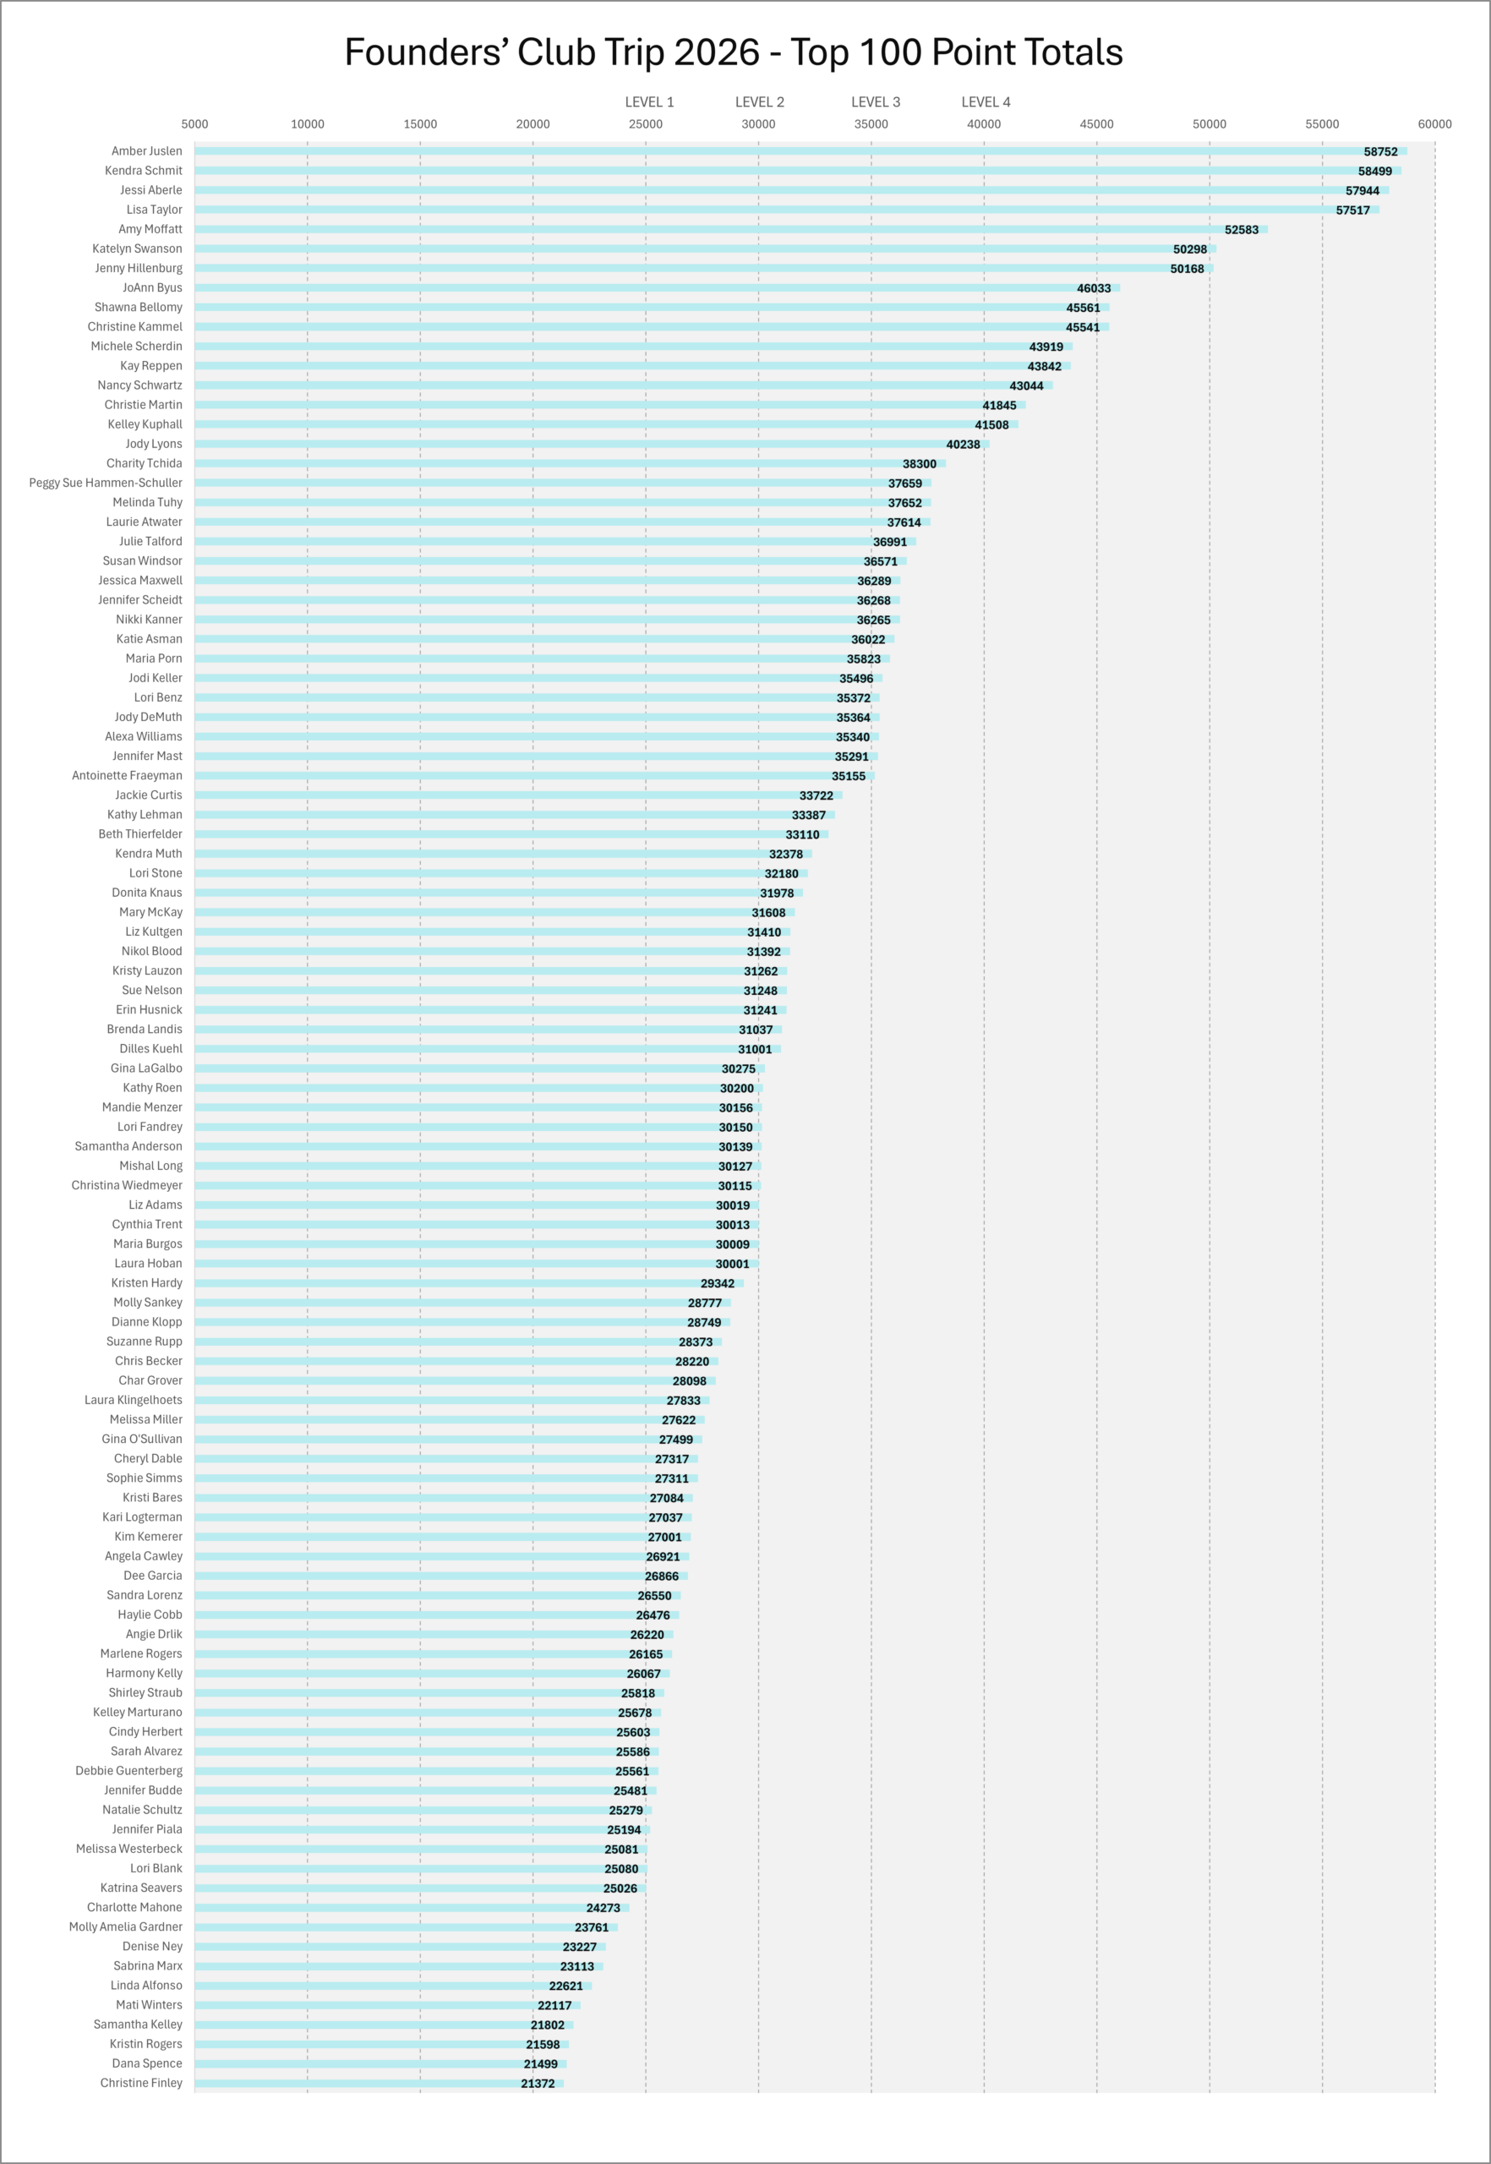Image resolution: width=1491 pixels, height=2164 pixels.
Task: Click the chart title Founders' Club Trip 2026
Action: [x=734, y=52]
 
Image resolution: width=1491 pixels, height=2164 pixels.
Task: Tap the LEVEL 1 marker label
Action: [x=649, y=101]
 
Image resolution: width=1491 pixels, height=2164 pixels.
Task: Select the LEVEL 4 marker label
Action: [x=986, y=101]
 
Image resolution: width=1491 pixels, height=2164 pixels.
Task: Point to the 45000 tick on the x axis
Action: [x=1097, y=124]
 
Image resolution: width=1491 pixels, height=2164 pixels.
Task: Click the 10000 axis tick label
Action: [x=308, y=124]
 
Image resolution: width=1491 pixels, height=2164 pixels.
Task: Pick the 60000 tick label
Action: [x=1434, y=124]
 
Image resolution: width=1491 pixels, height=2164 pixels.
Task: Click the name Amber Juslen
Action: [x=147, y=151]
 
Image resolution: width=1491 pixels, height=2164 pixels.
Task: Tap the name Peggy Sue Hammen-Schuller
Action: [x=106, y=483]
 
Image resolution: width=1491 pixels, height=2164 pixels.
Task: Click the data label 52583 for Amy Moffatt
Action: [x=1241, y=230]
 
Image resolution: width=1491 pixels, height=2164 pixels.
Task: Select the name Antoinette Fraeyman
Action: [x=127, y=775]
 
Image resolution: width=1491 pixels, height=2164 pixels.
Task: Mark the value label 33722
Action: [x=816, y=796]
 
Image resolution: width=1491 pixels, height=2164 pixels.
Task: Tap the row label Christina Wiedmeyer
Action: [x=127, y=1186]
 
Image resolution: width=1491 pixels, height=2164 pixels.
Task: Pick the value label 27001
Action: [x=664, y=1537]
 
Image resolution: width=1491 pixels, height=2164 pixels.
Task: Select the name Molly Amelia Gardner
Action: [x=125, y=1926]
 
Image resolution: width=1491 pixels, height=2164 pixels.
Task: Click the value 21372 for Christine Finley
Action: [x=538, y=2084]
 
